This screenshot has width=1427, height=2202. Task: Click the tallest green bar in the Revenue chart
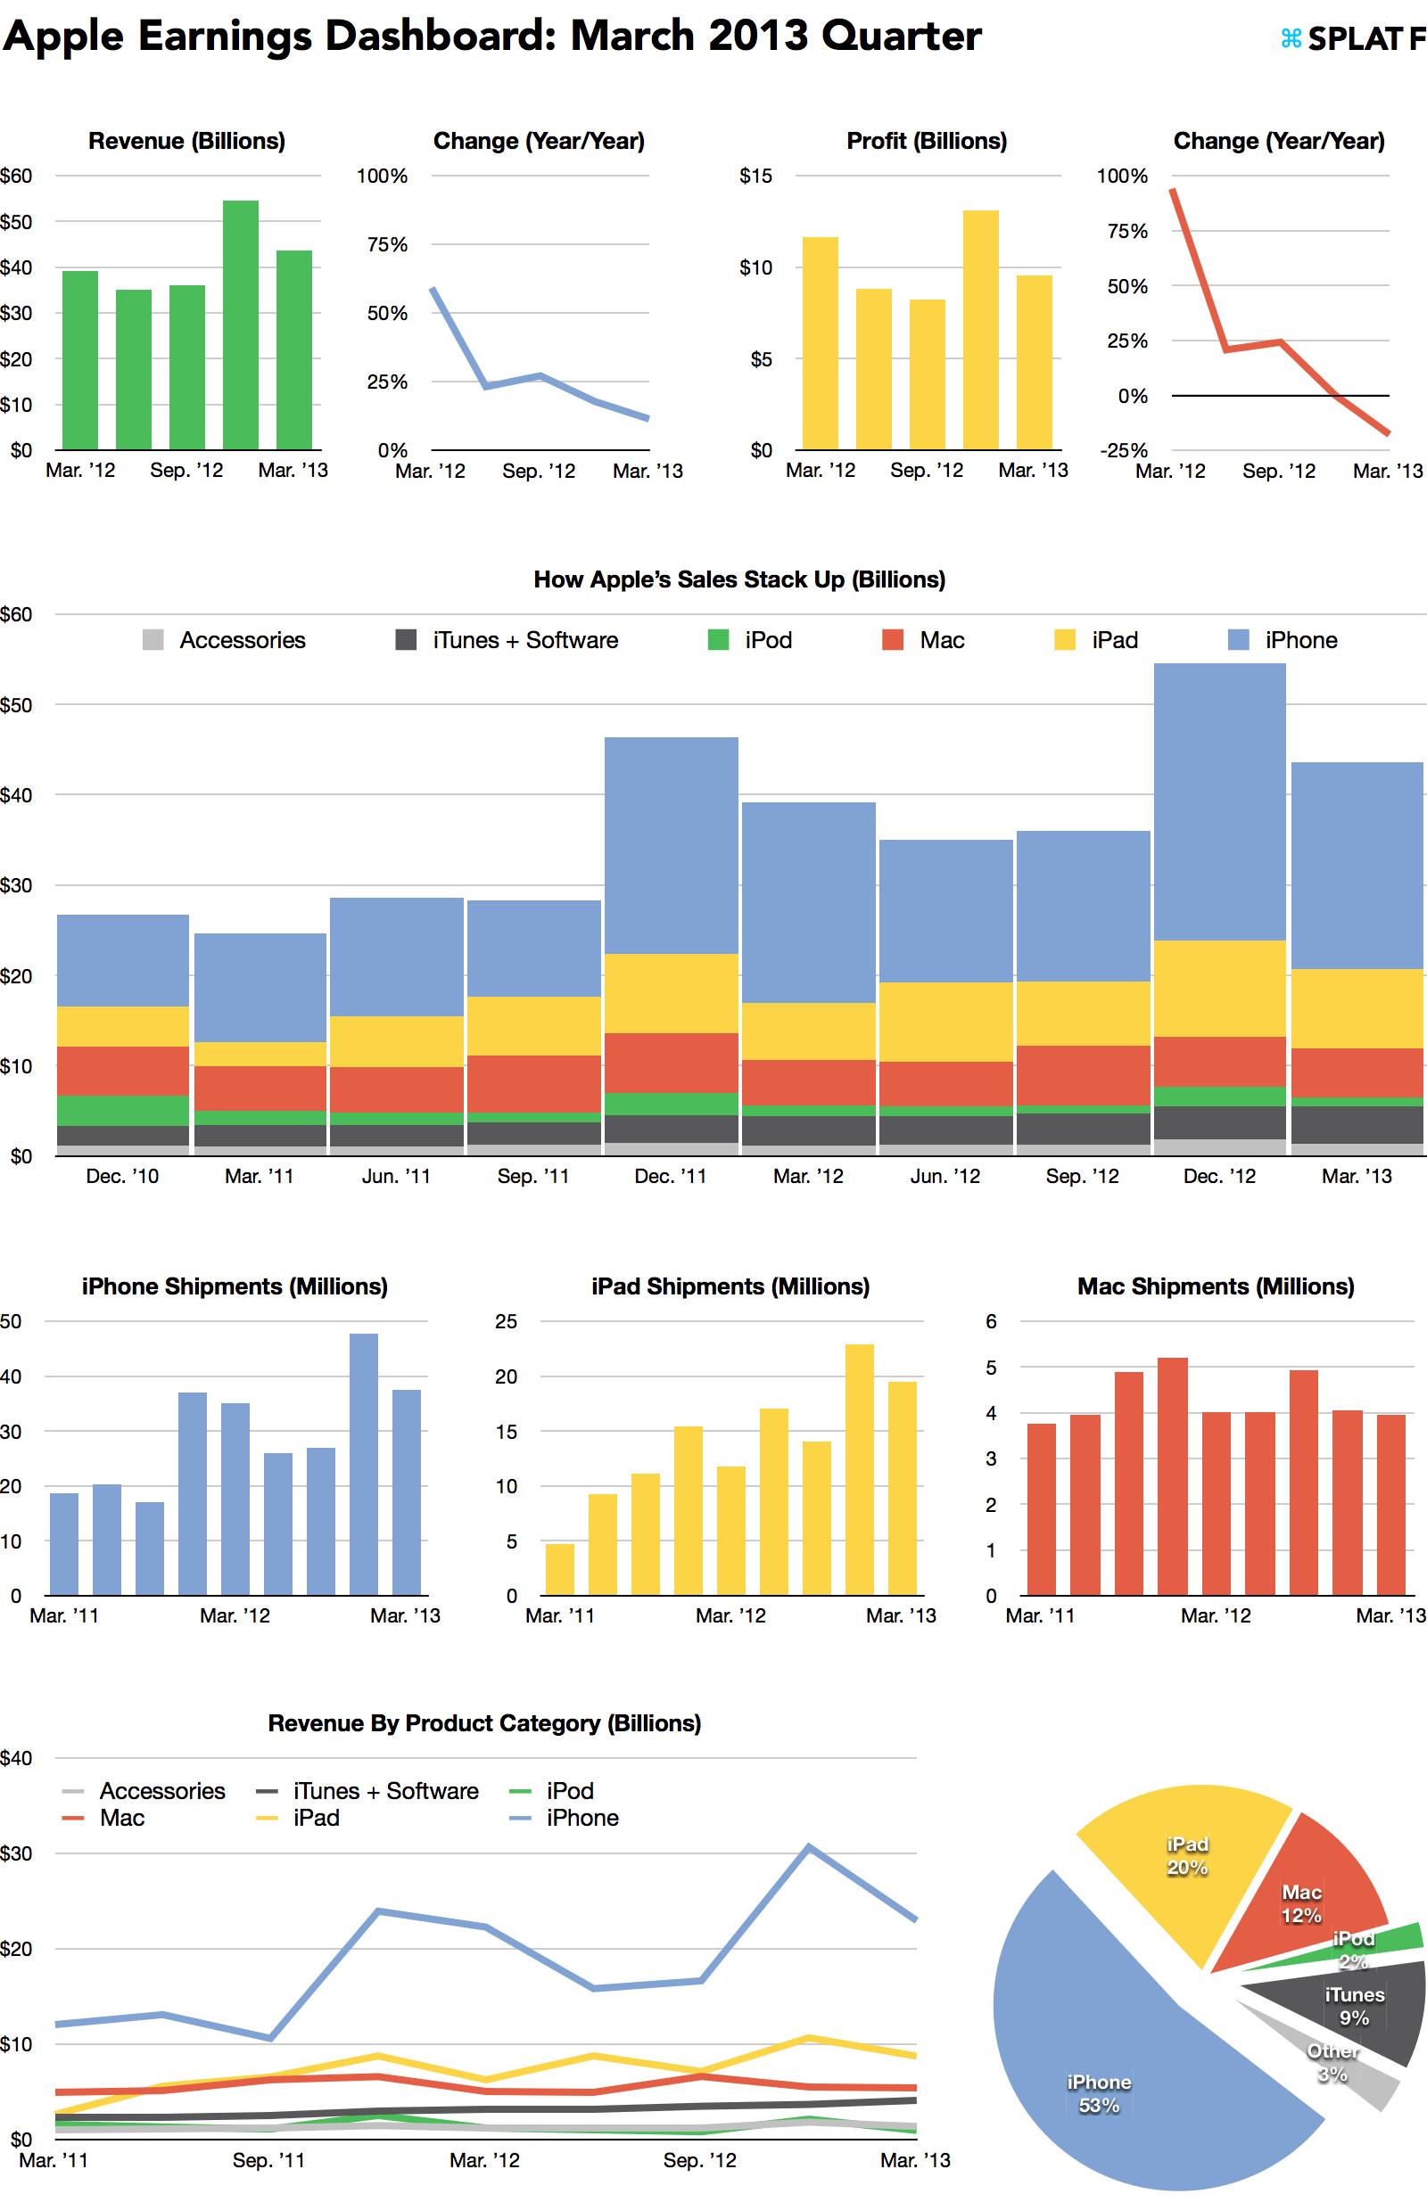pos(241,324)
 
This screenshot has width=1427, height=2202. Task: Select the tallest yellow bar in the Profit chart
pos(980,329)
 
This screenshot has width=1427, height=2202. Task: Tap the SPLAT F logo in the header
pos(1352,39)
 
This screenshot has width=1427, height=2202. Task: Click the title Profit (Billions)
pos(927,141)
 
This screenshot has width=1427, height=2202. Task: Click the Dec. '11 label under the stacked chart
pos(670,1176)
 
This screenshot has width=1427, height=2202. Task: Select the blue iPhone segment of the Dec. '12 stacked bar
pos(1220,801)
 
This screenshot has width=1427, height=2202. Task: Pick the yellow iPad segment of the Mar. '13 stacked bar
pos(1357,1008)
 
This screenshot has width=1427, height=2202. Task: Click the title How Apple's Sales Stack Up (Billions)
pos(739,579)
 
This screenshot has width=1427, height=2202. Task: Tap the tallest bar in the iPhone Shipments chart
pos(364,1464)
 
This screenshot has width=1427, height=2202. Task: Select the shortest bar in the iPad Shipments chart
pos(560,1569)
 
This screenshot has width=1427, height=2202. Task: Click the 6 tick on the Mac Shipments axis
pos(991,1321)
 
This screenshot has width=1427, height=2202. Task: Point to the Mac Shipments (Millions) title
pos(1215,1286)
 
